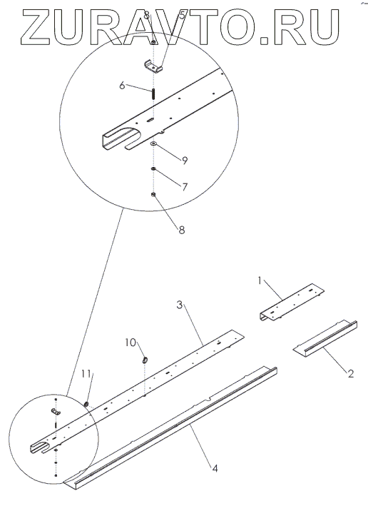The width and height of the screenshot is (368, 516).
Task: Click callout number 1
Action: click(260, 281)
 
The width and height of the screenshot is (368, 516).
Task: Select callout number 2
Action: click(351, 373)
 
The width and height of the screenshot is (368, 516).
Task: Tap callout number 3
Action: click(179, 305)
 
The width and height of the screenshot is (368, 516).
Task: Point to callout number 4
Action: click(215, 468)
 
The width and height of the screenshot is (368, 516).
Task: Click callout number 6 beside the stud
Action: click(123, 86)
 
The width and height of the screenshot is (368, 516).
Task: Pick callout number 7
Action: click(185, 187)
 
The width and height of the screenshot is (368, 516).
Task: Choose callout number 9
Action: click(185, 161)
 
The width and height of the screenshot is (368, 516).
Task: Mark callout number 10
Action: click(131, 343)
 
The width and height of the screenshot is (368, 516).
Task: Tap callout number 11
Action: click(86, 374)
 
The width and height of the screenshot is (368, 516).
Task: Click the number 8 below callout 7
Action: click(182, 229)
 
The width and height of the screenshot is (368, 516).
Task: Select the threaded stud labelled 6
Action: click(153, 93)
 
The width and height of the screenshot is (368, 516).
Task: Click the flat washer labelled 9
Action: click(153, 144)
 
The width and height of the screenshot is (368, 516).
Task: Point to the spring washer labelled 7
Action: click(153, 169)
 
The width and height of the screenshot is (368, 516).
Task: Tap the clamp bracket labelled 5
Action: click(153, 67)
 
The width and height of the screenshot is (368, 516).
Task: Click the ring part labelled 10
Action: click(145, 360)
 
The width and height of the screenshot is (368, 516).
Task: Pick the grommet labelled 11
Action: click(87, 404)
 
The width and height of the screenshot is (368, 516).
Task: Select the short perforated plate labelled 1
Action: click(291, 302)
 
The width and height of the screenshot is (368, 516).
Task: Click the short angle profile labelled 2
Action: click(325, 336)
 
